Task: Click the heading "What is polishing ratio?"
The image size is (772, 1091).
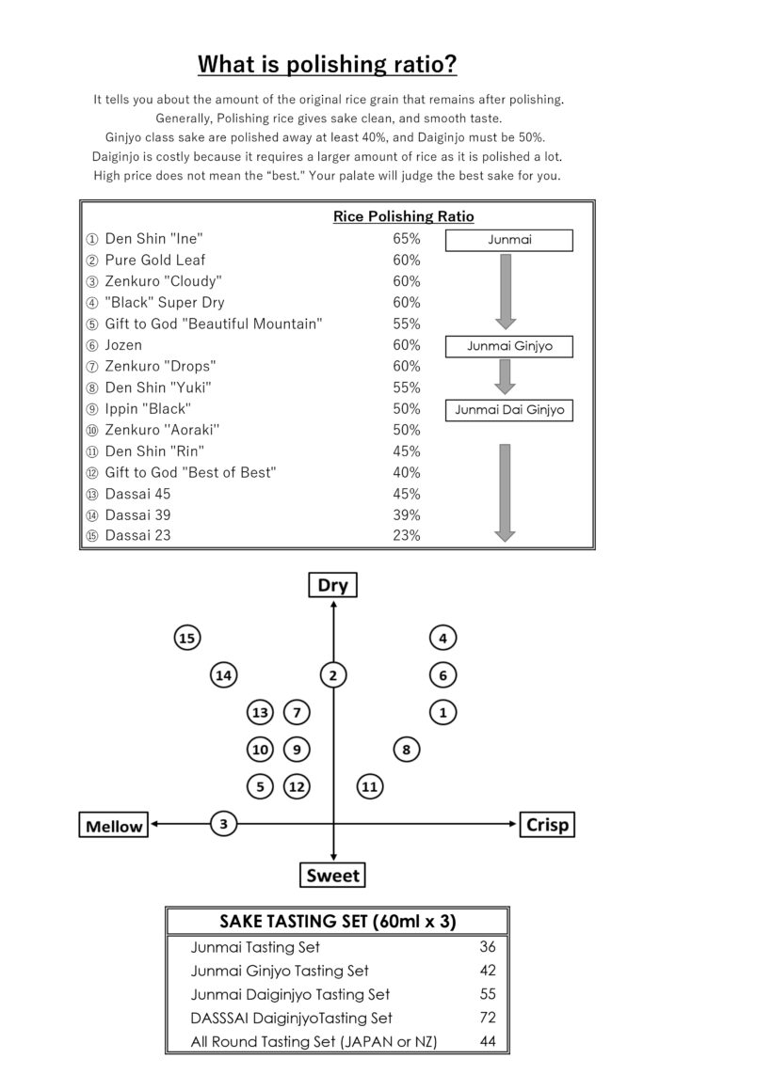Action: click(328, 64)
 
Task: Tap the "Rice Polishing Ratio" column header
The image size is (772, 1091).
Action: click(403, 216)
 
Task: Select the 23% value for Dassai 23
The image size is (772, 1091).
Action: click(406, 536)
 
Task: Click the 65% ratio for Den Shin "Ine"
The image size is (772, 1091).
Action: click(406, 239)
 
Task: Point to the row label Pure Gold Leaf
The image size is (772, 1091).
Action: click(154, 261)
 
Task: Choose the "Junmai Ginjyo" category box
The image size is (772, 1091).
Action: click(509, 346)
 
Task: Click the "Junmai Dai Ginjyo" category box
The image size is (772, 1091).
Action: click(509, 410)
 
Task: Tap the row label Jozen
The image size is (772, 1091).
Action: click(123, 345)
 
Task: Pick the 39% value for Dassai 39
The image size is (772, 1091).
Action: click(406, 514)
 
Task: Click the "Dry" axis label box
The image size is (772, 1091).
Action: click(333, 586)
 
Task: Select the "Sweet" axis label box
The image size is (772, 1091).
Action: click(333, 876)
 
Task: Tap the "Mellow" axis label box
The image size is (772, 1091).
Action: click(114, 827)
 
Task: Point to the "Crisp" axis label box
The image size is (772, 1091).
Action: click(547, 825)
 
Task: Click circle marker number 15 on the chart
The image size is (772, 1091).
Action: click(187, 639)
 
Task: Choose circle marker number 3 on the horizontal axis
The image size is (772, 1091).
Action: click(223, 825)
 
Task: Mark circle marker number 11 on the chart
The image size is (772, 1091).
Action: click(370, 785)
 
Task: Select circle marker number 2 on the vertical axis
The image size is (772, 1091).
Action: click(333, 674)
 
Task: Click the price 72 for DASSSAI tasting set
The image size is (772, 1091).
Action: click(487, 1018)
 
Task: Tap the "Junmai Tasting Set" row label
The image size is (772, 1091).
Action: click(255, 947)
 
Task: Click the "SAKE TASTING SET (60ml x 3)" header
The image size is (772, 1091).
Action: click(337, 921)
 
